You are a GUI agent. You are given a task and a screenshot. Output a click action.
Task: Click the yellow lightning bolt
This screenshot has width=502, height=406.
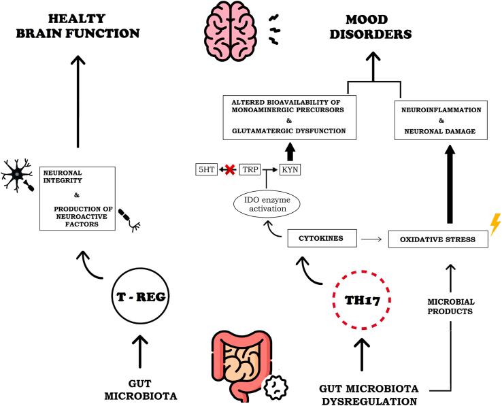click(495, 224)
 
